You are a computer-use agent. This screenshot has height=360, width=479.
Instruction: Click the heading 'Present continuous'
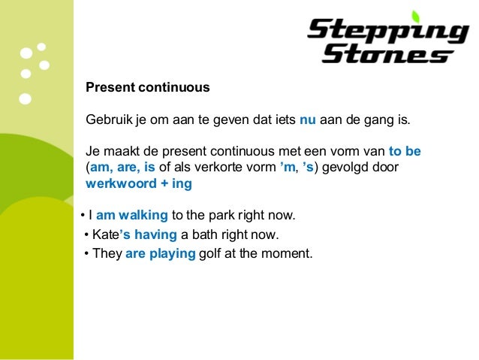pyautogui.click(x=148, y=88)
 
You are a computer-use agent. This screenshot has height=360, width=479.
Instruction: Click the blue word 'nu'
pyautogui.click(x=308, y=119)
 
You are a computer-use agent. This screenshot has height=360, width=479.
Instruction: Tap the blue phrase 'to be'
pyautogui.click(x=405, y=150)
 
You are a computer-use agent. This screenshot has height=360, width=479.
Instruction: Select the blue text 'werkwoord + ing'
pyautogui.click(x=139, y=183)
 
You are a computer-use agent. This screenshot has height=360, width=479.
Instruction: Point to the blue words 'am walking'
pyautogui.click(x=134, y=216)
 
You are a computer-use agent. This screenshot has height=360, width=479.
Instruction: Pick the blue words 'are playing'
pyautogui.click(x=161, y=254)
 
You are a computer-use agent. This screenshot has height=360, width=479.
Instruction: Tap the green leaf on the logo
pyautogui.click(x=414, y=16)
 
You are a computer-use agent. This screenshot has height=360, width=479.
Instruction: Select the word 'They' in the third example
pyautogui.click(x=107, y=254)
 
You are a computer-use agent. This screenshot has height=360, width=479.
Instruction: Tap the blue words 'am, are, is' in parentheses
pyautogui.click(x=123, y=167)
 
